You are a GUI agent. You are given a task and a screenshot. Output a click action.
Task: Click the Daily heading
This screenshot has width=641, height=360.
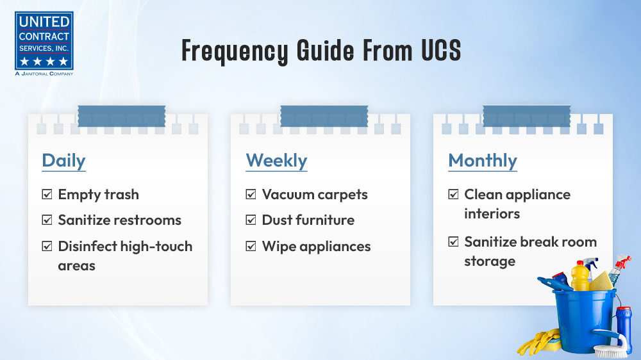click(x=63, y=161)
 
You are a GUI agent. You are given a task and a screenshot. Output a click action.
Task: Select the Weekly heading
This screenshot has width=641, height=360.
click(x=276, y=161)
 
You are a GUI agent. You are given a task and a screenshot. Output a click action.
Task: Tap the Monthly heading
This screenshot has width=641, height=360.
click(x=483, y=161)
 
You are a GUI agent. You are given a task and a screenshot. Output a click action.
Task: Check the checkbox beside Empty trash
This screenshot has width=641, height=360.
click(x=47, y=194)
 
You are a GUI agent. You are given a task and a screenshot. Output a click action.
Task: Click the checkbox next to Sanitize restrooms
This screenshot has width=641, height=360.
click(x=47, y=220)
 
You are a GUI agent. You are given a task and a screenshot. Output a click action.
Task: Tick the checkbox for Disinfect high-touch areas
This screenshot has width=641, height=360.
click(x=47, y=246)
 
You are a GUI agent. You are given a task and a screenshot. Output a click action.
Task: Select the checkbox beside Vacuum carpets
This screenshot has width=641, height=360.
click(x=251, y=194)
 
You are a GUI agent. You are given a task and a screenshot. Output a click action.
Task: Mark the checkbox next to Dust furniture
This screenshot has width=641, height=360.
click(x=251, y=220)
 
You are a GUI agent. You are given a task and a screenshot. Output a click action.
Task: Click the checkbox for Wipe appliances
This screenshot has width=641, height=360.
click(x=251, y=246)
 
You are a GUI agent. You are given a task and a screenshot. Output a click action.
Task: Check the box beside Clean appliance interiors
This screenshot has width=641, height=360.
click(x=453, y=194)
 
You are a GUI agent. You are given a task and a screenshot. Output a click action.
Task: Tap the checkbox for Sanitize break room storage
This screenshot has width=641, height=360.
click(x=453, y=241)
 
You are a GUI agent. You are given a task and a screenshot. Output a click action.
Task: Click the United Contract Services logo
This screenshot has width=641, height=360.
click(x=44, y=44)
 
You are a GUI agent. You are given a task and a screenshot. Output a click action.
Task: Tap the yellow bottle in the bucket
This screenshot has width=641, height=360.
click(x=579, y=276)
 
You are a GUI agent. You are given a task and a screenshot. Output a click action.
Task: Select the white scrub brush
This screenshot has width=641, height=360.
click(x=611, y=346)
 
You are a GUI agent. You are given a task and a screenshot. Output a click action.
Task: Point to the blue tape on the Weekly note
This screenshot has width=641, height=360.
click(x=324, y=116)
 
